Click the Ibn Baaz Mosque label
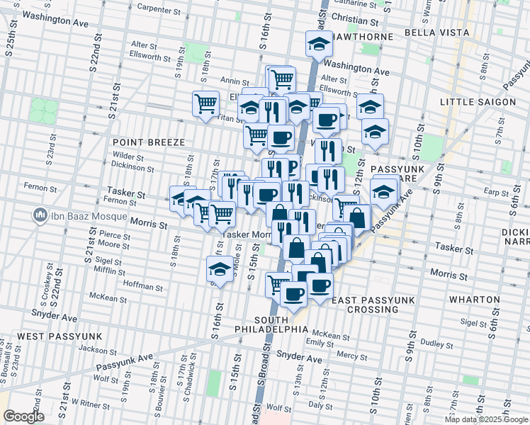(82, 214)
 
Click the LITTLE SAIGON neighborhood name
(478, 102)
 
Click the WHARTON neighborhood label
(474, 300)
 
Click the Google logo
(23, 416)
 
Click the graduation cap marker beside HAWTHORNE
(319, 44)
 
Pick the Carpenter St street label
(159, 10)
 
